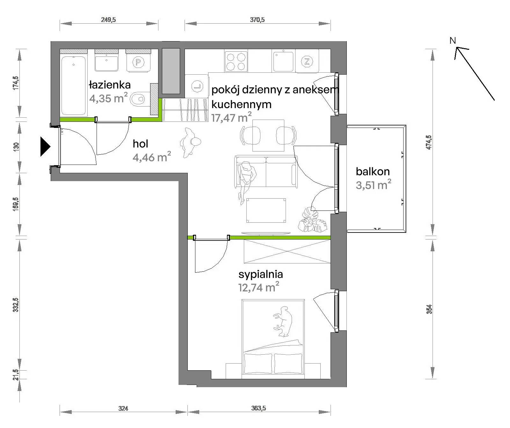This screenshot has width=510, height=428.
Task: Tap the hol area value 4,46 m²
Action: pos(152,157)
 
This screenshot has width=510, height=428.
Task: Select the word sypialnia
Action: pos(261,274)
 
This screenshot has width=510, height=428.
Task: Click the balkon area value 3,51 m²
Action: pos(374,185)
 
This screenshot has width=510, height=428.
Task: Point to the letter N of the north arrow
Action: pos(453,41)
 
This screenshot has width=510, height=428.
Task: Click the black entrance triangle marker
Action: pos(45,146)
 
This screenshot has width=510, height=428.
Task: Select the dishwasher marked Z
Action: pos(307,62)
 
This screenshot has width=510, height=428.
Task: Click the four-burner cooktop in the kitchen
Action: pos(236,62)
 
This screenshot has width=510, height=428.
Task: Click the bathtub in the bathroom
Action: pos(74,86)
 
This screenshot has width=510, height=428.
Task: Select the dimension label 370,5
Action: pos(257,20)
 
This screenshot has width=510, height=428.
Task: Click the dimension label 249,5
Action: pos(108,20)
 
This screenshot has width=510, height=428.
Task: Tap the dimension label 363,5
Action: pos(259,408)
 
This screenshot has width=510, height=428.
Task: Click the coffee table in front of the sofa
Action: pos(266,210)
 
